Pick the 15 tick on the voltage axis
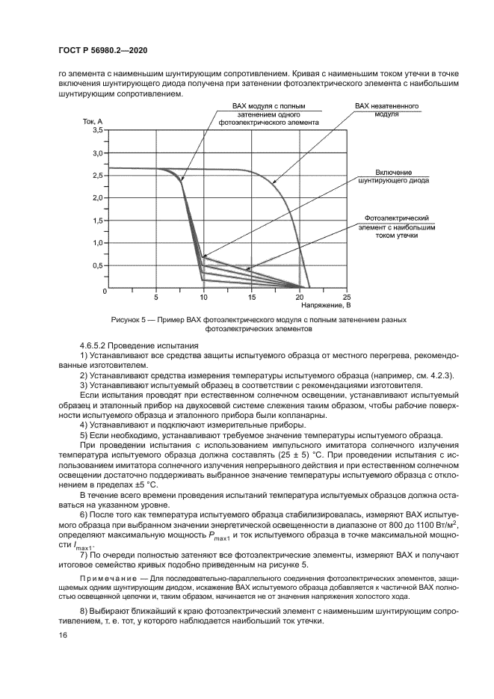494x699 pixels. coord(251,297)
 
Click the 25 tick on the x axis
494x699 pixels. coord(346,297)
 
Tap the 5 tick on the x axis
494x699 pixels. coord(156,297)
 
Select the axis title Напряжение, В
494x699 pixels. coord(326,305)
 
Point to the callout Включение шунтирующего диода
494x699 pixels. coord(394,176)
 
